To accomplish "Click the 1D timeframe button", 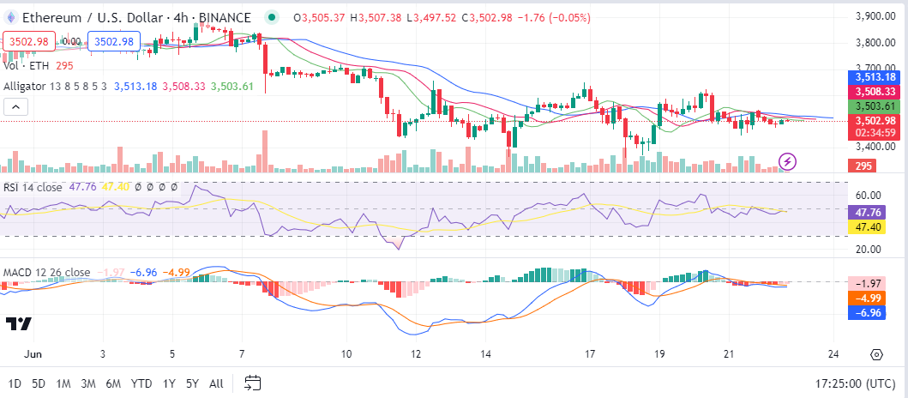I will coord(15,383).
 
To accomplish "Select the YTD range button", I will coord(141,383).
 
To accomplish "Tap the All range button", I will coord(216,383).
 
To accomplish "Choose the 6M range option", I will coord(113,383).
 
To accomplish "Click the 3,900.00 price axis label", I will coord(875,16).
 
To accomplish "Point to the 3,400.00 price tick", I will coord(875,148).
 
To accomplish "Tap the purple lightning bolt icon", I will coord(788,160).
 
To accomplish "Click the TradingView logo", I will coord(19,323).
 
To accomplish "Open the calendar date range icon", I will coord(252,383).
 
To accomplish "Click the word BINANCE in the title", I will coord(227,17).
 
